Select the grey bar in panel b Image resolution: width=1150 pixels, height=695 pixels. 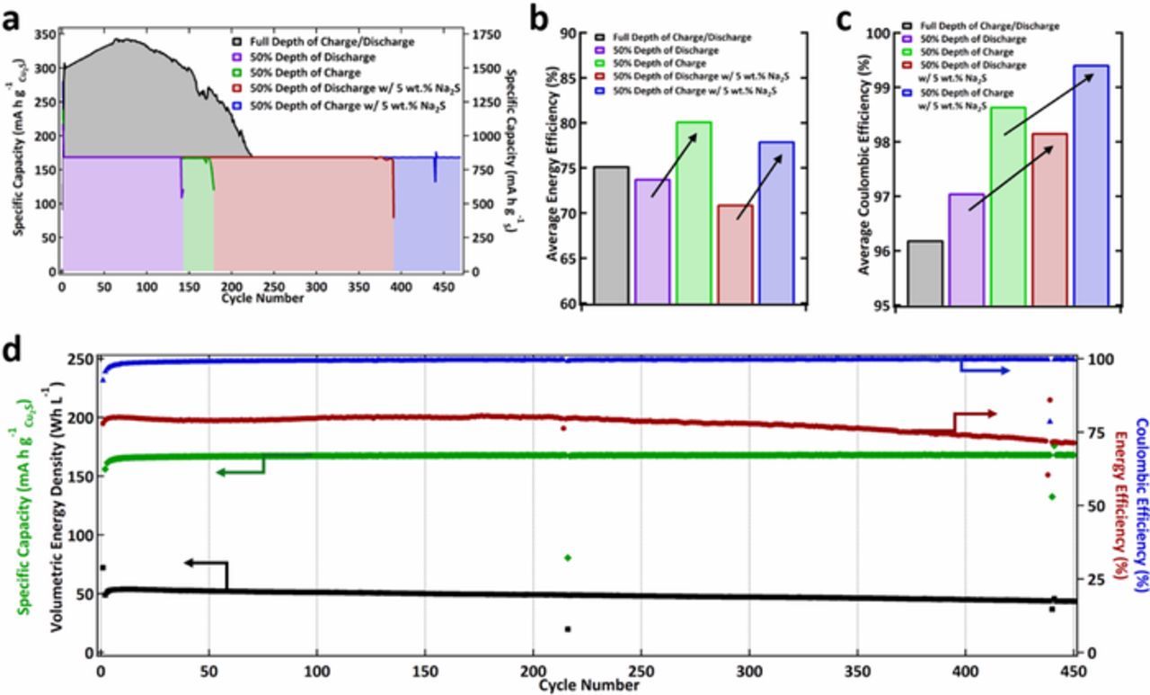point(611,236)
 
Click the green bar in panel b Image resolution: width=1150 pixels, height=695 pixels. point(694,212)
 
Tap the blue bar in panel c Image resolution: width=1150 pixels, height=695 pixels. point(1090,185)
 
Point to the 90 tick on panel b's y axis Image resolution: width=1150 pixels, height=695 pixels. point(572,33)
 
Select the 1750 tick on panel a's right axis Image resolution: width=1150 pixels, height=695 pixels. point(482,34)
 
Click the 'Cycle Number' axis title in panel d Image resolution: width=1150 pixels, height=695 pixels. point(589,685)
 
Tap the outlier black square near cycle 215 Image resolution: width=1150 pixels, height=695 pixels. point(567,628)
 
